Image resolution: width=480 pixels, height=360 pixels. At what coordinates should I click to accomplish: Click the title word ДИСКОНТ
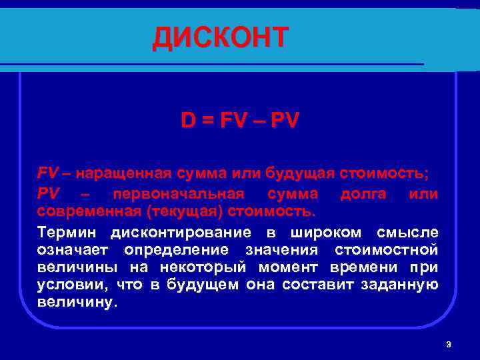point(221,38)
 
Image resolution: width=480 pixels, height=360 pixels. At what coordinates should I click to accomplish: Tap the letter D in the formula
point(189,121)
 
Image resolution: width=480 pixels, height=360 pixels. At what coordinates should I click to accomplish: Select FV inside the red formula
point(233,121)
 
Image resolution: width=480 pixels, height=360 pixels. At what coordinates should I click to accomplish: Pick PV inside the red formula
point(285,121)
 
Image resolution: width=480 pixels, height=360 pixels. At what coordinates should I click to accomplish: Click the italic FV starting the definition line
point(48,174)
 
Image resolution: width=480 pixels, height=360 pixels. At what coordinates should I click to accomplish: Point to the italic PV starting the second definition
point(48,194)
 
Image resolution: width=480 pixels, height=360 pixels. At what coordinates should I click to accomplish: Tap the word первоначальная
point(179,194)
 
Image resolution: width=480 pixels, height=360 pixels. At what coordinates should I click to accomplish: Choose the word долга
point(365,194)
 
